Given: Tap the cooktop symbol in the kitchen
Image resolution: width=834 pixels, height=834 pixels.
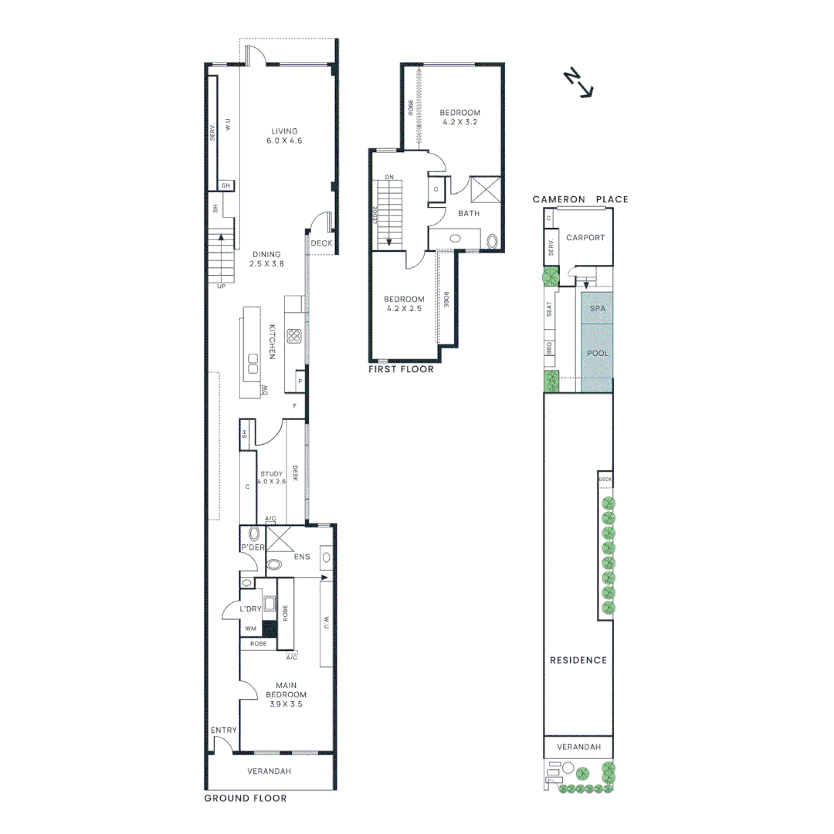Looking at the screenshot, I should click(293, 335).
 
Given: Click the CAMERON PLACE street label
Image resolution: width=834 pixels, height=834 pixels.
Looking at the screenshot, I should click(580, 199).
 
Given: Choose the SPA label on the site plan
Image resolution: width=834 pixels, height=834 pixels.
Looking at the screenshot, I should click(598, 307).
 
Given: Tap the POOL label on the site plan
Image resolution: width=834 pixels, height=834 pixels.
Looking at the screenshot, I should click(598, 353).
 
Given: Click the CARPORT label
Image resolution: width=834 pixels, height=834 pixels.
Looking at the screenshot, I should click(585, 237).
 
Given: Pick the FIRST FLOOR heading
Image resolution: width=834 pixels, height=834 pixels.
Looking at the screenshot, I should click(402, 369).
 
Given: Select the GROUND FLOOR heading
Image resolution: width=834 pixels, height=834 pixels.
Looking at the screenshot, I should click(246, 798).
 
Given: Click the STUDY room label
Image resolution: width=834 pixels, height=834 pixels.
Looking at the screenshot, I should click(271, 474).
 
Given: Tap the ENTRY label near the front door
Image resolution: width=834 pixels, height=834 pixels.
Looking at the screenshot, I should click(224, 730).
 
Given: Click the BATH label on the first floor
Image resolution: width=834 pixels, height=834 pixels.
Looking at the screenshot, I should click(469, 213).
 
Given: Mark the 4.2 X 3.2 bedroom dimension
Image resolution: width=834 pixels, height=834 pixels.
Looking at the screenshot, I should click(461, 122).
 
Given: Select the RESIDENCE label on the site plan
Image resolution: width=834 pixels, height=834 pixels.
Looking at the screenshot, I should click(578, 660).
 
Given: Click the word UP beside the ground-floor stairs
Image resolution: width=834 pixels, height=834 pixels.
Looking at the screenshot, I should click(222, 286).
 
